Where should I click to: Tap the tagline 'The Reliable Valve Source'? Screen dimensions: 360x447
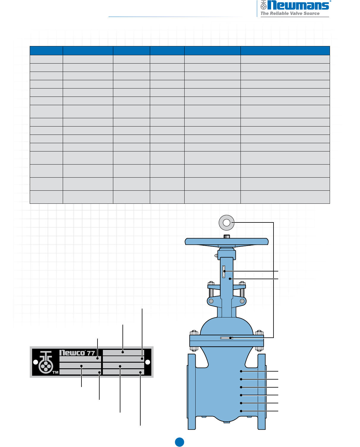point(290,13)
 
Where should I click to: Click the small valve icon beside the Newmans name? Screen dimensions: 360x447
point(263,5)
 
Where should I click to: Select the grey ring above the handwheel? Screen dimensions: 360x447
point(227,223)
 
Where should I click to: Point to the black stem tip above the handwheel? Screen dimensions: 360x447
point(227,236)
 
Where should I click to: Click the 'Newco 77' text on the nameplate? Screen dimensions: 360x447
point(77,353)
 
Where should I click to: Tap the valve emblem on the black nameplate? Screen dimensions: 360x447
point(46,362)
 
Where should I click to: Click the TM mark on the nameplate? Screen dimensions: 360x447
point(56,372)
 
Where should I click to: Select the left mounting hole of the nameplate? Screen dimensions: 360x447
point(36,362)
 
